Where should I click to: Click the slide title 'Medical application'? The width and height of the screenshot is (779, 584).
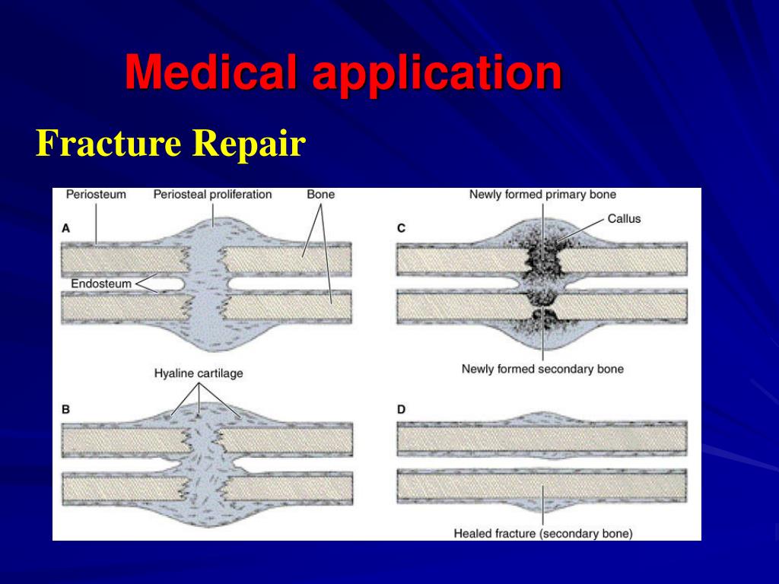(343, 74)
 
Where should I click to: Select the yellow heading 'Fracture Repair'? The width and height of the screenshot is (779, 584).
(170, 144)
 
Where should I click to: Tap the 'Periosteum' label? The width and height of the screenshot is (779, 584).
(96, 195)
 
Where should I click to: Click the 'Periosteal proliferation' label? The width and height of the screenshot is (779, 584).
(212, 195)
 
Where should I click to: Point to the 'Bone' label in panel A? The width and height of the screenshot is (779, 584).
(320, 195)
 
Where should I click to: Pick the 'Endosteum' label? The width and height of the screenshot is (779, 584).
(101, 284)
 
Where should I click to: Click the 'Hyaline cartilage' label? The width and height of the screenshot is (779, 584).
(199, 373)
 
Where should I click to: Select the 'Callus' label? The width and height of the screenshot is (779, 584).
(624, 219)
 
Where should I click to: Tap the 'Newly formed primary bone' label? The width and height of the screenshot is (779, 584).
(542, 195)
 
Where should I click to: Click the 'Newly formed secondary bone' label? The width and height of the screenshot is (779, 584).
(542, 370)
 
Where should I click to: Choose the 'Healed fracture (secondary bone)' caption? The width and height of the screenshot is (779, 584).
(542, 534)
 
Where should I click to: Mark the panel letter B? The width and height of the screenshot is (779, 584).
(65, 410)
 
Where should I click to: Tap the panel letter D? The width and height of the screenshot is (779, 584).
(401, 410)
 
